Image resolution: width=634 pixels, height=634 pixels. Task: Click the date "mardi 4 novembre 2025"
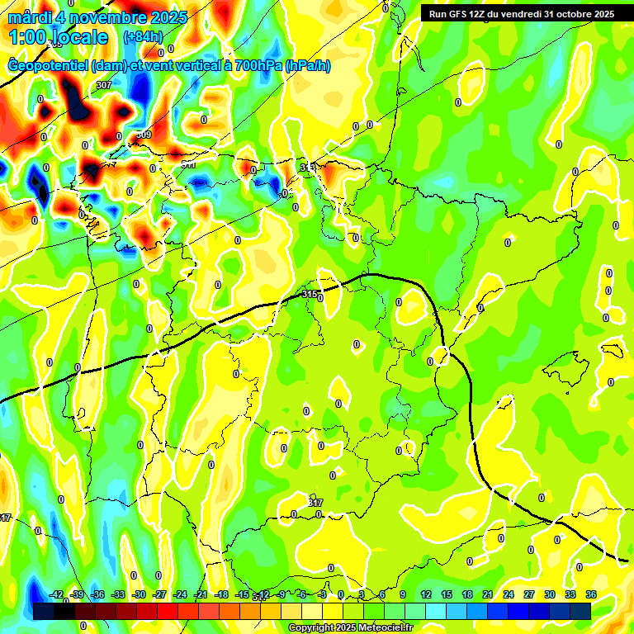pos(97,17)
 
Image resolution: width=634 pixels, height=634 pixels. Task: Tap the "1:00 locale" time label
pos(58,37)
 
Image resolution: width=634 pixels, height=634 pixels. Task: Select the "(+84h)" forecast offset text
pos(143,37)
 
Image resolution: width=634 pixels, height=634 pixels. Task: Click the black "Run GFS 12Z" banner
pos(518,14)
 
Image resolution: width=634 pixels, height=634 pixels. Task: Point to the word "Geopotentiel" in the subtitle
pos(48,66)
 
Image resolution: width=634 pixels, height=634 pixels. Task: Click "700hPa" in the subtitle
pos(256,66)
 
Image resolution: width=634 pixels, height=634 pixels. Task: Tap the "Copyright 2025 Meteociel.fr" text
pos(350,628)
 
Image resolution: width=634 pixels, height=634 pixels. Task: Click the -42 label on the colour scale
pos(56,594)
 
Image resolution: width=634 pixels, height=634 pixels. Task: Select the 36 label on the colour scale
pos(590,594)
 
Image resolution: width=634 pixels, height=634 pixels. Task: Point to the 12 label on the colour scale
pos(425,594)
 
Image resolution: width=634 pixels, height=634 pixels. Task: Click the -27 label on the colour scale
pos(159,594)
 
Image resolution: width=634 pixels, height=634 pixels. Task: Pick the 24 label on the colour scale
pos(508,594)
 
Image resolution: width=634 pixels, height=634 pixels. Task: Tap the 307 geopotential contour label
pos(104,85)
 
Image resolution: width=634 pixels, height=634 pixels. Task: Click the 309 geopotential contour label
pos(144,135)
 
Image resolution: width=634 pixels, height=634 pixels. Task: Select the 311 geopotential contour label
pos(188,164)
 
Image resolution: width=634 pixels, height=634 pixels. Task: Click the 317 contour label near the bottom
pos(315,502)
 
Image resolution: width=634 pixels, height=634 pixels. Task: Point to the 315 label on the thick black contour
pos(310,294)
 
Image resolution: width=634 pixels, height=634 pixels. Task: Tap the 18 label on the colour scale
pos(466,594)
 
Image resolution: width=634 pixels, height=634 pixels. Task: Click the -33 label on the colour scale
pos(118,594)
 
